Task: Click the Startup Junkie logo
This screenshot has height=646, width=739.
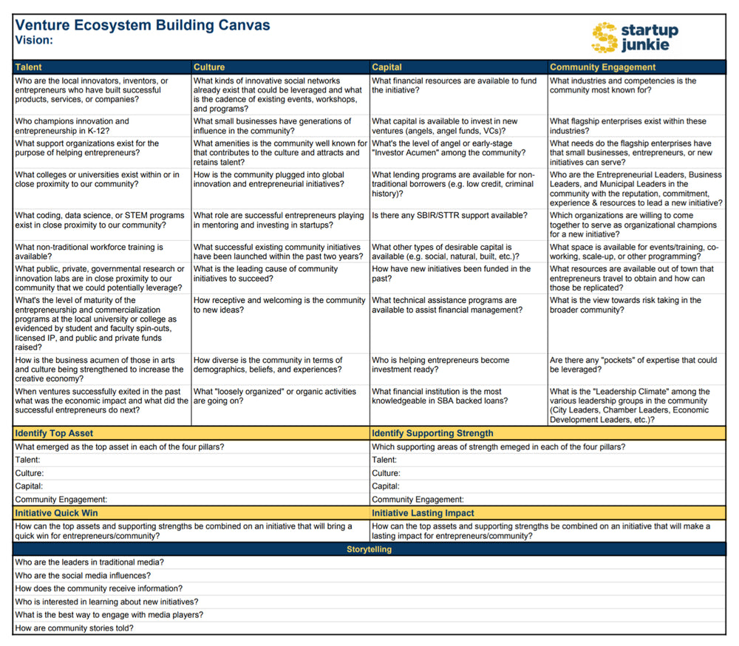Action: [x=635, y=36]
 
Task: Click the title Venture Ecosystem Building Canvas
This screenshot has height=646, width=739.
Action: [x=143, y=25]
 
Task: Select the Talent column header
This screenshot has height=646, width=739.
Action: [x=29, y=67]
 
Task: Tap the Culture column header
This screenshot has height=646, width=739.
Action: [x=209, y=67]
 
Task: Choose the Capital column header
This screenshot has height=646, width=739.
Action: [x=387, y=67]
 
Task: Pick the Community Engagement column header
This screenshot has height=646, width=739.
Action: [x=602, y=67]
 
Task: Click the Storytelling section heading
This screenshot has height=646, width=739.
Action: [x=369, y=549]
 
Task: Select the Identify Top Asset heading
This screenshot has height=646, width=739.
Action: [x=54, y=433]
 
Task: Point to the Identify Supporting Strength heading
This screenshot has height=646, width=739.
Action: [x=432, y=433]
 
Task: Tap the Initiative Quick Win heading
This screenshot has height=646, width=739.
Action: [x=56, y=513]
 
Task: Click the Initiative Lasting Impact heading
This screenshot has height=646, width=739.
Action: [x=423, y=513]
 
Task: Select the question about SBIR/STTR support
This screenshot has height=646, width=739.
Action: [x=449, y=215]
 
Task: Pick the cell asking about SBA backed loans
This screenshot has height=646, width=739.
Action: [x=440, y=396]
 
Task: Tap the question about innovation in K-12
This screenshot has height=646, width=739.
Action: [x=72, y=126]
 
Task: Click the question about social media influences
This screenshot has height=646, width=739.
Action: [x=83, y=575]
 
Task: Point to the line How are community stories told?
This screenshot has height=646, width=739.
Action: [x=74, y=628]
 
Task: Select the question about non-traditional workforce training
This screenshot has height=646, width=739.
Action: [x=89, y=252]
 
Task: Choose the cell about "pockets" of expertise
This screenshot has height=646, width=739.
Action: [x=633, y=365]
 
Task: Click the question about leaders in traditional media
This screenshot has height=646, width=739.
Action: [x=89, y=562]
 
